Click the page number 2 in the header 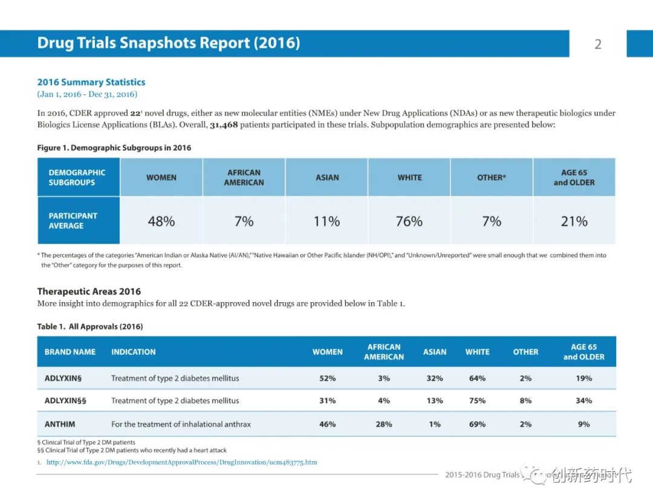pyautogui.click(x=598, y=44)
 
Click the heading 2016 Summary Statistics pyautogui.click(x=91, y=82)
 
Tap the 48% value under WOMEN pyautogui.click(x=161, y=221)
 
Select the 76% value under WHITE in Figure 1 pyautogui.click(x=409, y=221)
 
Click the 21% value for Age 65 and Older pyautogui.click(x=574, y=221)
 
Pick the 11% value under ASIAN pyautogui.click(x=326, y=221)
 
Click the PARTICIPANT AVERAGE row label pyautogui.click(x=73, y=221)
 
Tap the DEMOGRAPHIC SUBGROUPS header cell pyautogui.click(x=77, y=177)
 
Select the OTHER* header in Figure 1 pyautogui.click(x=492, y=178)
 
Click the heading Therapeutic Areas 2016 pyautogui.click(x=89, y=291)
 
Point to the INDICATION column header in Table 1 pyautogui.click(x=134, y=352)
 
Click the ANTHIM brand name pyautogui.click(x=60, y=424)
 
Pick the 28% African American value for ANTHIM pyautogui.click(x=384, y=424)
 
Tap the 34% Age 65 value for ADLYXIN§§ pyautogui.click(x=583, y=401)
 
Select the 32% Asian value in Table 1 pyautogui.click(x=435, y=378)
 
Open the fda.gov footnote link pyautogui.click(x=181, y=462)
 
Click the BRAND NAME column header pyautogui.click(x=70, y=352)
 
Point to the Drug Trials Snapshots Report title pyautogui.click(x=169, y=44)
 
